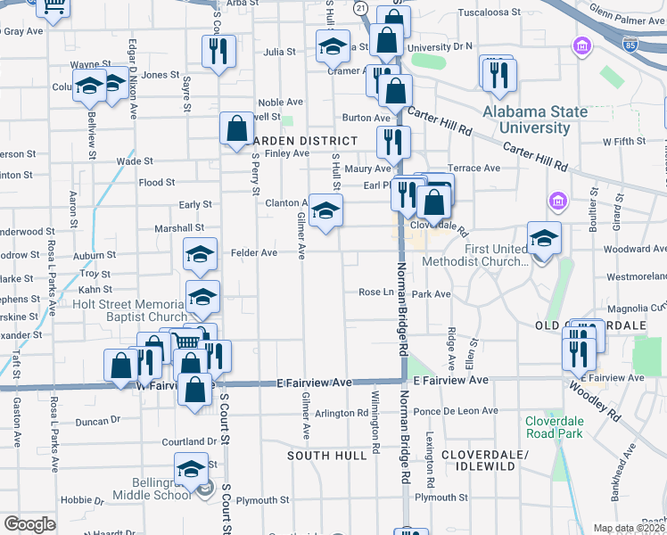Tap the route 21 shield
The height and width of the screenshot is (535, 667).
(360, 8)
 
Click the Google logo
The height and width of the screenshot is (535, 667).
(29, 524)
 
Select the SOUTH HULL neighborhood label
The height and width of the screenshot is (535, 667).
(326, 456)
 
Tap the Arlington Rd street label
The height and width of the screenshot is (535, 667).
(342, 413)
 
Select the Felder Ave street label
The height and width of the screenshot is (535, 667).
(254, 253)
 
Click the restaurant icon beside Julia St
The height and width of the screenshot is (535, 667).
(218, 52)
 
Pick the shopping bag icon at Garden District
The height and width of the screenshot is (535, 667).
(237, 128)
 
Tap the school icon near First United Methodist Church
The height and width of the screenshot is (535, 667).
(544, 238)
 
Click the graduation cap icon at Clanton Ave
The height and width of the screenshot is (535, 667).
(325, 210)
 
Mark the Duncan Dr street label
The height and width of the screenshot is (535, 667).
(97, 421)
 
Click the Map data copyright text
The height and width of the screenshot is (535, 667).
(629, 528)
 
